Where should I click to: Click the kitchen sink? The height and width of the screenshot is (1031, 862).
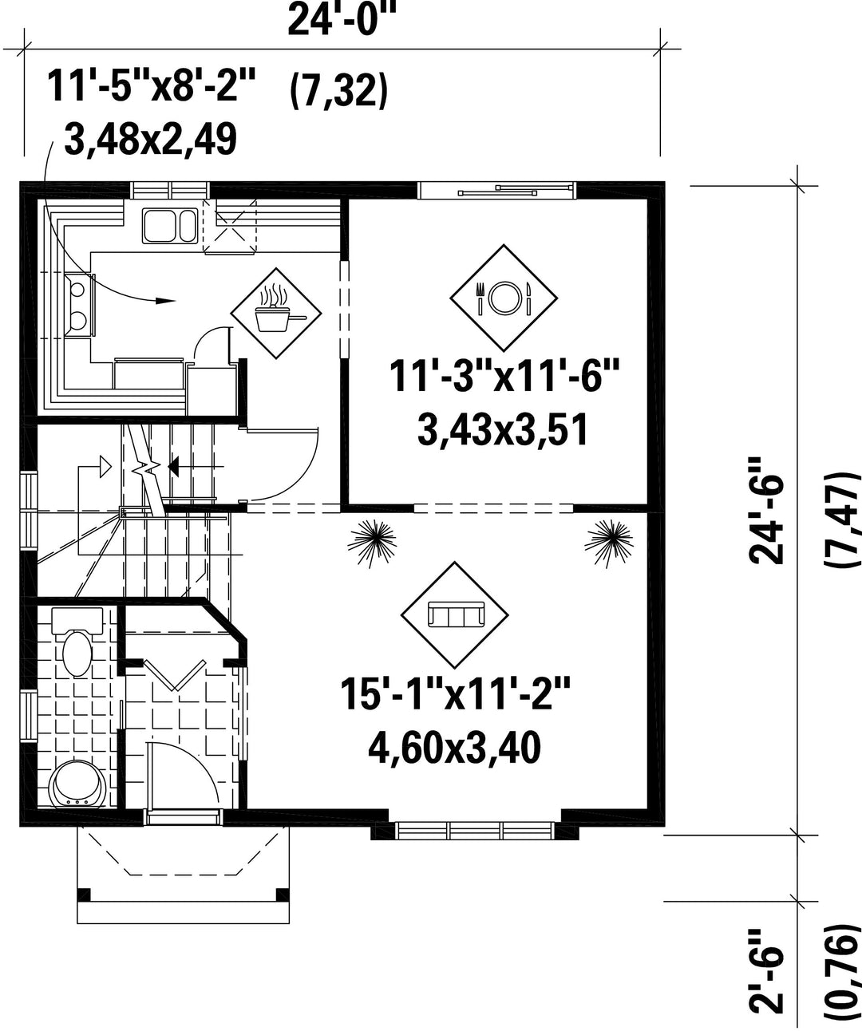tap(170, 226)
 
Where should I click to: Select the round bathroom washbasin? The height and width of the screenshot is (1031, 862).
tap(78, 785)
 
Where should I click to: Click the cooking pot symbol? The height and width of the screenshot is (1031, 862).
tap(276, 313)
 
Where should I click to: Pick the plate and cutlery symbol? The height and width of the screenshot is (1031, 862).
tap(504, 298)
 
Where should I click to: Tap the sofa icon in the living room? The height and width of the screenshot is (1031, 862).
tap(454, 615)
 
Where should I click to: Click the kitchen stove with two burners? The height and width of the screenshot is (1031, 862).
tap(79, 305)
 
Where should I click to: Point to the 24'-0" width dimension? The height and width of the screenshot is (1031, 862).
tap(342, 20)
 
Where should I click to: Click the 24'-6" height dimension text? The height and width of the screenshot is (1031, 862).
tap(765, 512)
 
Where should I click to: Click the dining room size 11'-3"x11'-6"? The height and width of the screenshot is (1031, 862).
tap(504, 377)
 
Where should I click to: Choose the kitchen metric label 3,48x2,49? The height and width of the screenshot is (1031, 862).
tap(151, 139)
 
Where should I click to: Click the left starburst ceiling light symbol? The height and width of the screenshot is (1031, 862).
tap(372, 543)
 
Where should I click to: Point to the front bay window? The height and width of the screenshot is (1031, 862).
tap(475, 831)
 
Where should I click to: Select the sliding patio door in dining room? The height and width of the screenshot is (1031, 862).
tap(496, 190)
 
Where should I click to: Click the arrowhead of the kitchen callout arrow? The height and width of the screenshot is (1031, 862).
tap(165, 300)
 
